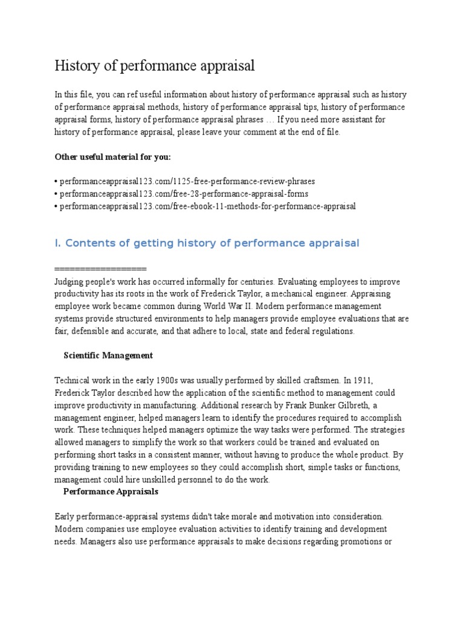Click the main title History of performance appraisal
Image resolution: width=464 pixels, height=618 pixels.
[155, 66]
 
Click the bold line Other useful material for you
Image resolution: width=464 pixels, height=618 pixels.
[112, 157]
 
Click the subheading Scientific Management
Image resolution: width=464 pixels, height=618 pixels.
[108, 355]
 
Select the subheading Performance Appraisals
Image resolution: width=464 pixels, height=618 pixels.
[111, 492]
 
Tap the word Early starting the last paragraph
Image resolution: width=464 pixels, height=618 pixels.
[65, 517]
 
